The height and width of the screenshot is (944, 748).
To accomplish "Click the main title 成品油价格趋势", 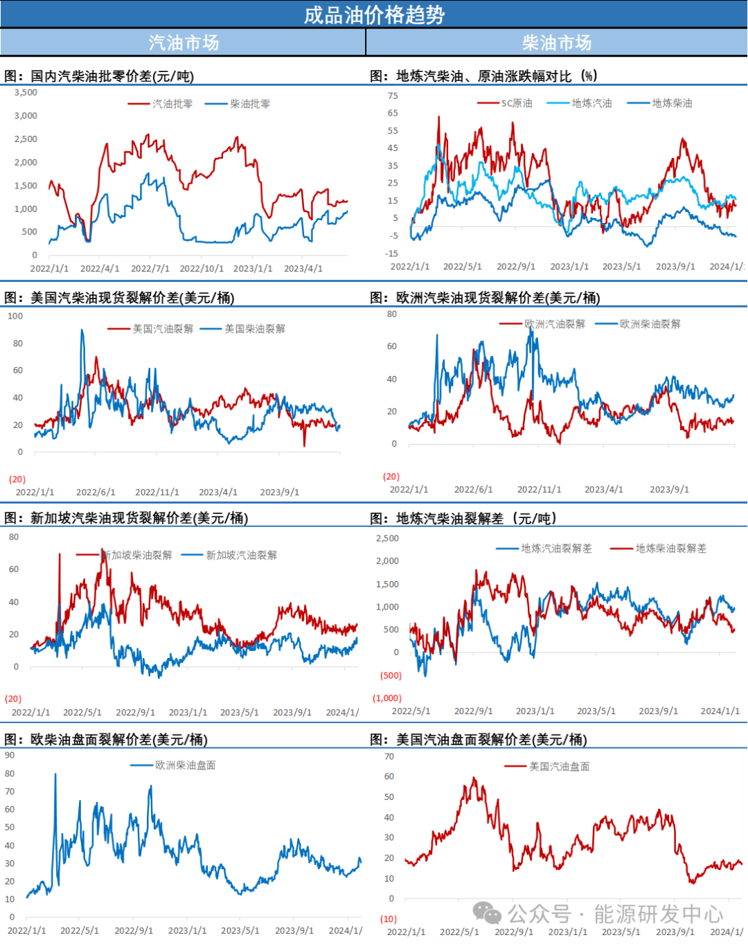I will click(x=374, y=15).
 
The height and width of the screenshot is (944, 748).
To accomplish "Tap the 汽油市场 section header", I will click(x=184, y=42).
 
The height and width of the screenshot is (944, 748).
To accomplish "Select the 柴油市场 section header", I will click(x=557, y=42).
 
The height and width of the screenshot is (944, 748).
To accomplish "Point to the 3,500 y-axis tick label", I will click(x=26, y=92).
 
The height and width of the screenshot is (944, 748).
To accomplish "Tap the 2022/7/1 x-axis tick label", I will click(x=150, y=269).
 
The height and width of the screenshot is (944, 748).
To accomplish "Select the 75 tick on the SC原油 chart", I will click(x=393, y=96).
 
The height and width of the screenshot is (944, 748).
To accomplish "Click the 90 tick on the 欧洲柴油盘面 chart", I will click(x=10, y=755).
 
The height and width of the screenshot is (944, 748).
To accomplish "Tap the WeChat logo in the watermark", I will click(x=487, y=914).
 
